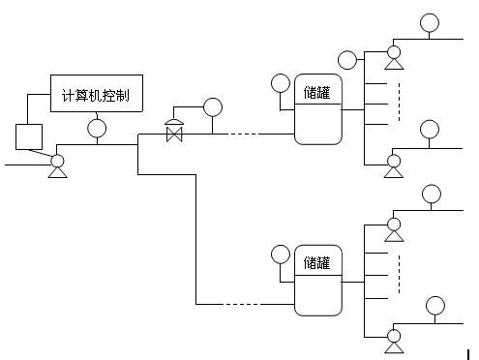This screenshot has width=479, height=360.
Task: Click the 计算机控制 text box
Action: [96, 95]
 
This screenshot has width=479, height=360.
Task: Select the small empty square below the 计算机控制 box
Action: [26, 135]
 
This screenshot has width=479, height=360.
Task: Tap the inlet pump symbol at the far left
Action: [57, 165]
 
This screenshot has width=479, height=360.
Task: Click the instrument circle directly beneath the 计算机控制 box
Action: [97, 127]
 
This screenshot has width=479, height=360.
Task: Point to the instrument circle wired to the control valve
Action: [212, 106]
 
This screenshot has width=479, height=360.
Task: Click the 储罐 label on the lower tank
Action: [317, 261]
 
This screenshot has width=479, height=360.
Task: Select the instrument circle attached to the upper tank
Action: [281, 83]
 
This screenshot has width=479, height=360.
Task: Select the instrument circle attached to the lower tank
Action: [281, 255]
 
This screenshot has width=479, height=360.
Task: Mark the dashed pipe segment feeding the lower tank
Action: [242, 305]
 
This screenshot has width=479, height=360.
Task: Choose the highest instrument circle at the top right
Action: [429, 21]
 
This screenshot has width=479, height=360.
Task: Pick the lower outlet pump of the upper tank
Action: [394, 165]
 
